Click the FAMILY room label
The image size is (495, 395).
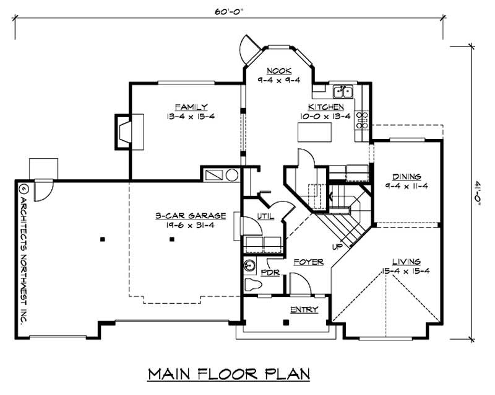191,106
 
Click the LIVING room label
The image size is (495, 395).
406,261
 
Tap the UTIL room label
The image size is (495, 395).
248,216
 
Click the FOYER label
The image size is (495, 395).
309,262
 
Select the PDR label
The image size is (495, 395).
268,272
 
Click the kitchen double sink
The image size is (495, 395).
343,92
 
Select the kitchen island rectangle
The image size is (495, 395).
312,132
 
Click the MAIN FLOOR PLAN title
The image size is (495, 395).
228,375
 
